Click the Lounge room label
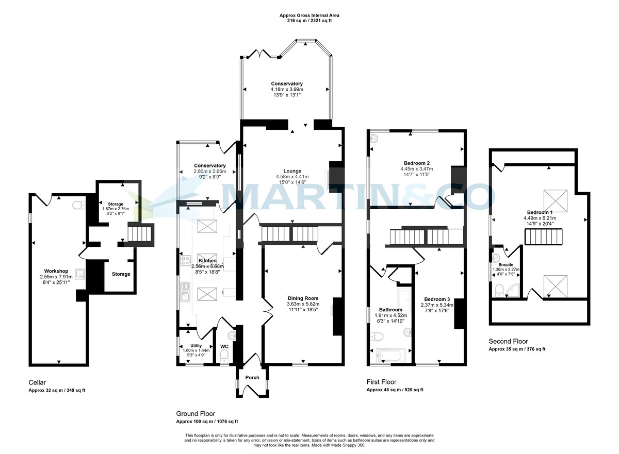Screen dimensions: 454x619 tap(292, 171)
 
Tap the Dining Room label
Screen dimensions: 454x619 tap(303, 298)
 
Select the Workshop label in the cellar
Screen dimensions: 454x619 tap(56, 271)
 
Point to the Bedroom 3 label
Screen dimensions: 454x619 tap(437, 299)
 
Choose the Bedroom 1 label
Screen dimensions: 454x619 tap(540, 212)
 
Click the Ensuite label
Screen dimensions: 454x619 tap(506, 264)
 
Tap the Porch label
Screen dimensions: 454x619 tap(252, 378)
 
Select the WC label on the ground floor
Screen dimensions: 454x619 tap(224, 346)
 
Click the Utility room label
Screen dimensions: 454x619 tap(196, 346)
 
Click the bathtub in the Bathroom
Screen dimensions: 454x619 tap(391, 356)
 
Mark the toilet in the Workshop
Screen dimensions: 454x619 tap(78, 206)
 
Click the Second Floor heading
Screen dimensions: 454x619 tap(509, 341)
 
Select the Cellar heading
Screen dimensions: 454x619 tap(37, 382)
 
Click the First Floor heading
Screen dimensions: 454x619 tap(381, 382)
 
